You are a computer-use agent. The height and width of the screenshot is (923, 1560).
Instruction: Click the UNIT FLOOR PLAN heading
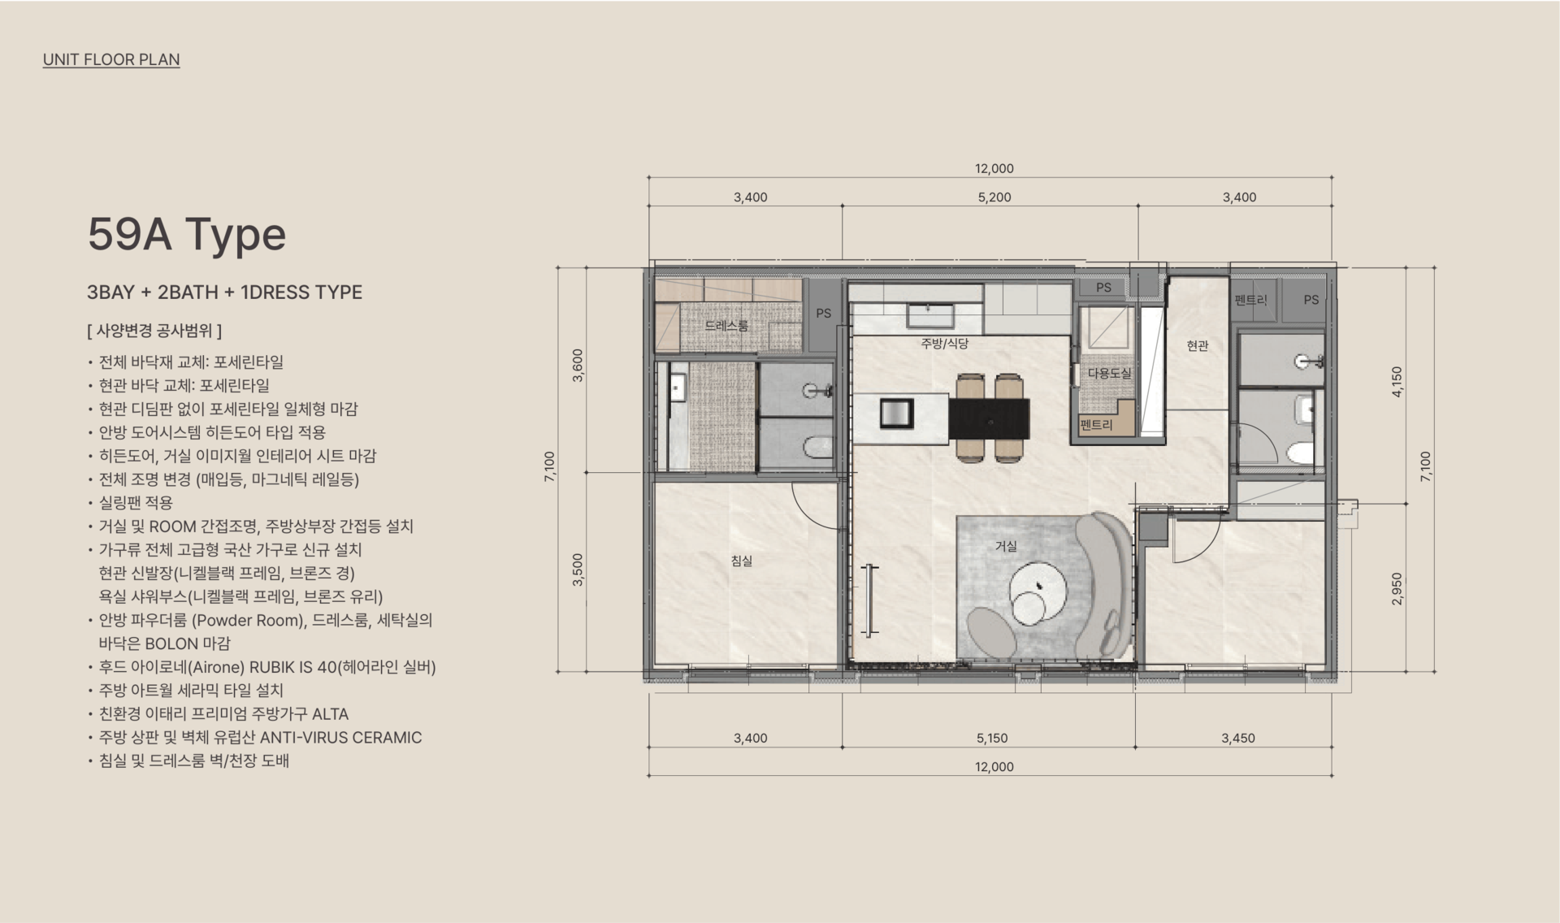(111, 59)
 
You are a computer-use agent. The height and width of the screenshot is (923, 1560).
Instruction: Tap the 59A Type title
(187, 234)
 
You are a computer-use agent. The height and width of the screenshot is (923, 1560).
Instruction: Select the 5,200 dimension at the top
(994, 197)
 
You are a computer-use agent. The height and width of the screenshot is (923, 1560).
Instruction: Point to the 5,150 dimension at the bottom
(992, 738)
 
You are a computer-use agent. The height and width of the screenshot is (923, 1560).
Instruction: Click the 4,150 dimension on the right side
(1397, 381)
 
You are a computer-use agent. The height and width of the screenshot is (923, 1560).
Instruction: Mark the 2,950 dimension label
(1397, 589)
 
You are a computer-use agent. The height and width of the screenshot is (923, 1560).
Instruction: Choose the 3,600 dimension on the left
(578, 366)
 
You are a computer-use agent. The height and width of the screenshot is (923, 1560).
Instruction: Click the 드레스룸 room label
(726, 325)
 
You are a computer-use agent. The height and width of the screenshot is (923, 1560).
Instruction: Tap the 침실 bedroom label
(742, 561)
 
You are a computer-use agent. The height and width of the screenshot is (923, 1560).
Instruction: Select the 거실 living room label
(1006, 546)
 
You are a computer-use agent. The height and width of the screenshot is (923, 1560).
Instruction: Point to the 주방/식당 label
(944, 344)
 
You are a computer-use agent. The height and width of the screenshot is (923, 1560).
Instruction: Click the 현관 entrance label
(1198, 345)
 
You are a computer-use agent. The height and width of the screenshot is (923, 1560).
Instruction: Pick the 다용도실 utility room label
(1109, 373)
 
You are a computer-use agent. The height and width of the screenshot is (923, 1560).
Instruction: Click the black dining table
(989, 418)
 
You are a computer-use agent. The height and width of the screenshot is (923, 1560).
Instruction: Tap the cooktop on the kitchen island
(897, 414)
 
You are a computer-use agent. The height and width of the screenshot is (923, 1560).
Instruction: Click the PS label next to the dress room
(824, 313)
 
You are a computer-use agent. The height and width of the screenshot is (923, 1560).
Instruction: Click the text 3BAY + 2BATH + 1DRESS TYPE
(224, 292)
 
